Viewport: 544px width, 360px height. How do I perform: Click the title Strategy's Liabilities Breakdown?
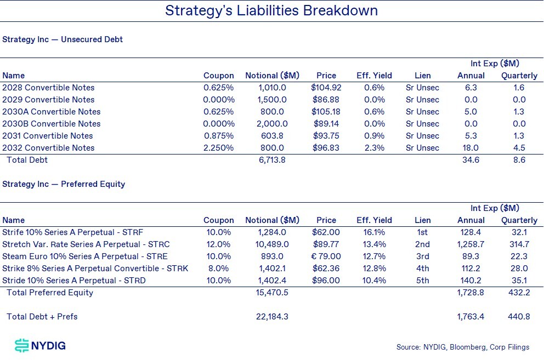pos(271,11)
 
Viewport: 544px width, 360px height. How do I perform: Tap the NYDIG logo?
pos(40,345)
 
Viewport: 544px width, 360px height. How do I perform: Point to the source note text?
pos(463,347)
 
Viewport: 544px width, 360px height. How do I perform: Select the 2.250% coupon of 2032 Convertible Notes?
pos(219,148)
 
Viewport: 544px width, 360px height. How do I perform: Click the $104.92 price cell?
pos(326,88)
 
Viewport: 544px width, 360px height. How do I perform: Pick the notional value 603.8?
pos(272,135)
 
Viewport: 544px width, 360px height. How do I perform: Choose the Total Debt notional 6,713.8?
pos(272,160)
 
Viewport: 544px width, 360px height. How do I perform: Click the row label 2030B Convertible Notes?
pos(52,124)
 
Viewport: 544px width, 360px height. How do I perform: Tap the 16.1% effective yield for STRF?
pos(374,232)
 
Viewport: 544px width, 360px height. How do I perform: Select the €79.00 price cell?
pos(326,256)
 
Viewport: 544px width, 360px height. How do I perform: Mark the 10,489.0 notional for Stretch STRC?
pos(272,244)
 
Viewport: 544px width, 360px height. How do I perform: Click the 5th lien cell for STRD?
pos(423,280)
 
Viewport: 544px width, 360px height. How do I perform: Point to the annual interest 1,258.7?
pos(471,244)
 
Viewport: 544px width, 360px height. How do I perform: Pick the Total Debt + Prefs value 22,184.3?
pos(272,317)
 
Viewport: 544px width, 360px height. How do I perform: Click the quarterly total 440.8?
pos(519,317)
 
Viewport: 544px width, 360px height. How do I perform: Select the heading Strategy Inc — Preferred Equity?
pos(64,184)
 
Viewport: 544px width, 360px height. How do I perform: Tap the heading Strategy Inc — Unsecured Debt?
pos(63,39)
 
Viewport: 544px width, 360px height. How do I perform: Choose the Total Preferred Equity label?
pos(50,293)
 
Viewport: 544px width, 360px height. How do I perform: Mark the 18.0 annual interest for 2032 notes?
pos(471,148)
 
